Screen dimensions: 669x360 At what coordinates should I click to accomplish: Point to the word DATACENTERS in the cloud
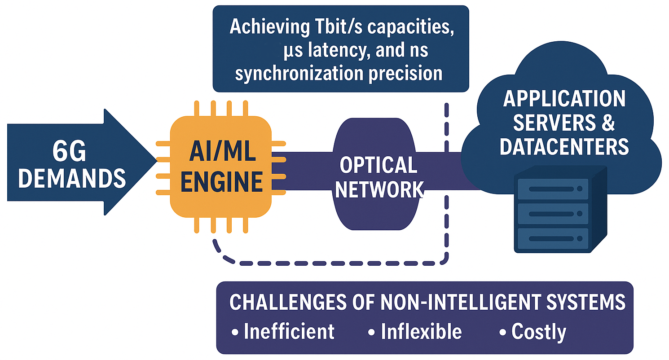(564, 147)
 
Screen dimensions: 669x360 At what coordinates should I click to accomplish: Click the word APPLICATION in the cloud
(564, 99)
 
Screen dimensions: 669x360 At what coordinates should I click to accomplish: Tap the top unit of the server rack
(553, 189)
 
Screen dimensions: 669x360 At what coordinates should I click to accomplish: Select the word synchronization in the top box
(299, 73)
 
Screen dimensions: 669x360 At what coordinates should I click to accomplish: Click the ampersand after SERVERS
(608, 123)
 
